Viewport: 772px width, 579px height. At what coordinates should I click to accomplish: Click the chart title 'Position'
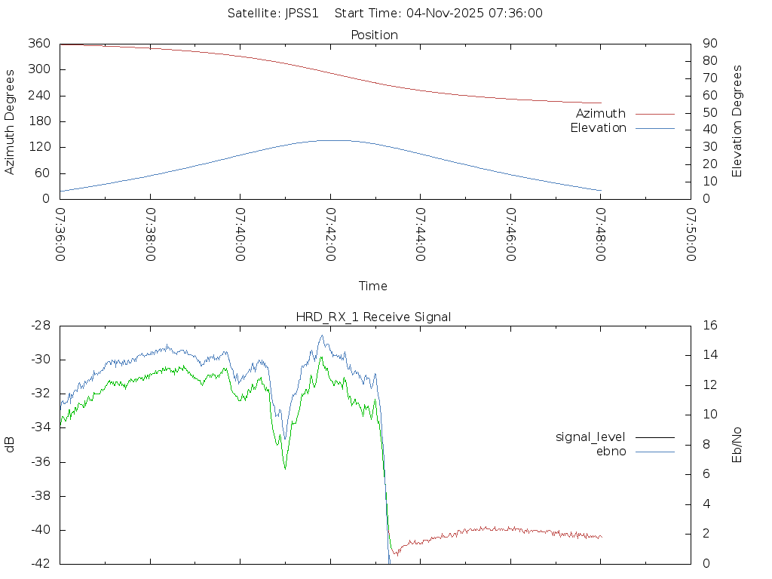tap(374, 35)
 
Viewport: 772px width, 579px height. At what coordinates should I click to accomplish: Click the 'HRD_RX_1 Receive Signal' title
tap(374, 317)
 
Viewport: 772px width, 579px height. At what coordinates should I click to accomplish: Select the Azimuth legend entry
tap(601, 114)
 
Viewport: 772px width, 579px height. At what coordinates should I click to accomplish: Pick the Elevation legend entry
tap(598, 128)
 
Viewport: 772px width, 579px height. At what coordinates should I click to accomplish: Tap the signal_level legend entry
tap(590, 437)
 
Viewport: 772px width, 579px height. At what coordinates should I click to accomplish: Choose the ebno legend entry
tap(611, 452)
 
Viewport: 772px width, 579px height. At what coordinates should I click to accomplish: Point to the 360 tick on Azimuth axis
tap(40, 44)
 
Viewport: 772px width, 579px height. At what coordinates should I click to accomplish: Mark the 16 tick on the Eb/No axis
tap(709, 326)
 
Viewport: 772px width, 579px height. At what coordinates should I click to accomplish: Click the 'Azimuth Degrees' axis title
tap(11, 121)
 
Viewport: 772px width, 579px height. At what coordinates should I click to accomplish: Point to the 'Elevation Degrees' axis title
tap(737, 121)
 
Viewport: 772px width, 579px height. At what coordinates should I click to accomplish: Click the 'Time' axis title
tap(373, 286)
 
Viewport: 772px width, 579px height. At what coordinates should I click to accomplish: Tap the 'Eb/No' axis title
tap(737, 445)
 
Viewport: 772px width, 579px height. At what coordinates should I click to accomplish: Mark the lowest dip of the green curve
tap(285, 469)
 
